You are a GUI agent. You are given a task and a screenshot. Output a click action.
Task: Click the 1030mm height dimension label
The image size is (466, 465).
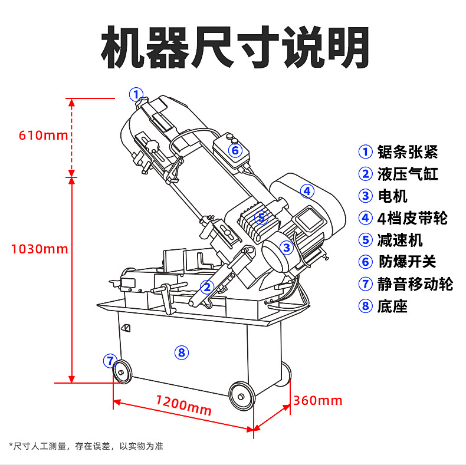pyautogui.click(x=40, y=249)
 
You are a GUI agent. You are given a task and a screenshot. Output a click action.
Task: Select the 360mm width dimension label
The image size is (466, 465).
pyautogui.click(x=317, y=401)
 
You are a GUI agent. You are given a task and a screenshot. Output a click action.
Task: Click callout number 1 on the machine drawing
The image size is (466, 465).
pyautogui.click(x=136, y=94)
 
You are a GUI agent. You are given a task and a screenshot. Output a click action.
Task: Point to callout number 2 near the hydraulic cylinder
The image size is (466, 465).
pyautogui.click(x=206, y=287)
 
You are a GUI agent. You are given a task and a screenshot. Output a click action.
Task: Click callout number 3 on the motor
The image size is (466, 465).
pyautogui.click(x=286, y=248)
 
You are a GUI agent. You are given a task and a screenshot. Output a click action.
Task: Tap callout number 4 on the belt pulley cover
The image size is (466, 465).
pyautogui.click(x=307, y=191)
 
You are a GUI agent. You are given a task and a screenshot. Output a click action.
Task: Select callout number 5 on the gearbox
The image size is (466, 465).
pyautogui.click(x=262, y=218)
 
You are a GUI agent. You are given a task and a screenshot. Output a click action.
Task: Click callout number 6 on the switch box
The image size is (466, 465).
pyautogui.click(x=235, y=150)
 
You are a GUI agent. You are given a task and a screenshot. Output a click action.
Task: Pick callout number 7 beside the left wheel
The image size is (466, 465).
pyautogui.click(x=110, y=360)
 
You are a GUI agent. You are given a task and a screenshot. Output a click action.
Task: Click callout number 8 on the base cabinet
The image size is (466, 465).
pyautogui.click(x=181, y=352)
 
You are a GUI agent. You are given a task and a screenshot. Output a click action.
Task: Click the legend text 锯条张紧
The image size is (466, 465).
pyautogui.click(x=408, y=151)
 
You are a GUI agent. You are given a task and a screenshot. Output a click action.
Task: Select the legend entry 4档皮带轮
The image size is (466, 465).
pyautogui.click(x=412, y=218)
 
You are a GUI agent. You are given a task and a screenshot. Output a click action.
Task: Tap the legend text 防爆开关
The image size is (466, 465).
pyautogui.click(x=407, y=262)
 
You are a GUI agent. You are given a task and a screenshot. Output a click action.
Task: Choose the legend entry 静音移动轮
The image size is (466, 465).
pyautogui.click(x=415, y=283)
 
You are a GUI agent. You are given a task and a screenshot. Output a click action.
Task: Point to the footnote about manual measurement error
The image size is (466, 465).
pyautogui.click(x=86, y=446)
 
